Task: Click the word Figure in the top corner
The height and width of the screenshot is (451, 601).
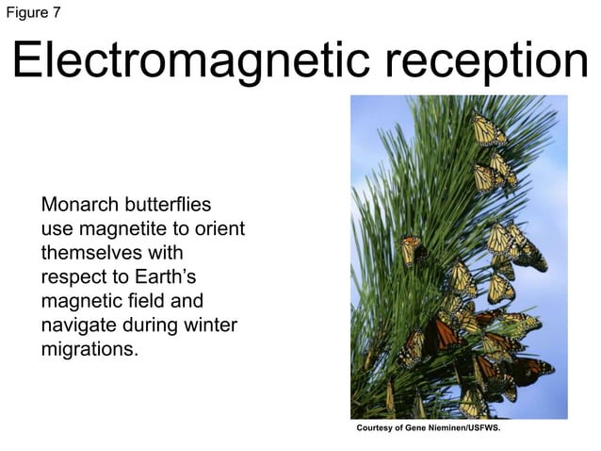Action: coord(26,11)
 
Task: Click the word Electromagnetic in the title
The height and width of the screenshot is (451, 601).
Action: coord(178,61)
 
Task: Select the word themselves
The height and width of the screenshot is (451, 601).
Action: coord(95,253)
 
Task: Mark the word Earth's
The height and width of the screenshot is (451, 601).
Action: coord(161,277)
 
